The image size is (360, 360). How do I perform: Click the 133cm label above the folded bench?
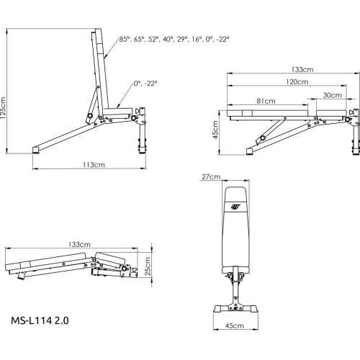[79, 245]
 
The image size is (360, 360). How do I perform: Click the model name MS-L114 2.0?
[40, 316]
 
